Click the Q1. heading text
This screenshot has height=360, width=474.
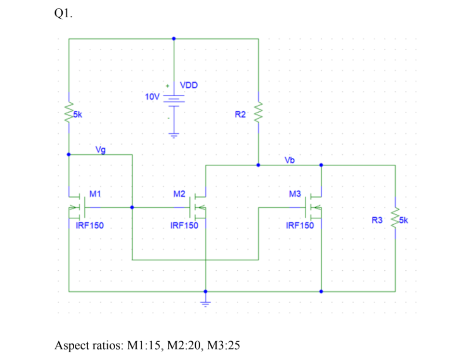pyautogui.click(x=64, y=14)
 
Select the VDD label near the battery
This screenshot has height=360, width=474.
pyautogui.click(x=189, y=85)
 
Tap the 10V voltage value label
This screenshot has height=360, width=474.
pyautogui.click(x=152, y=97)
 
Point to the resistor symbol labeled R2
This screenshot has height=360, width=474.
pyautogui.click(x=258, y=114)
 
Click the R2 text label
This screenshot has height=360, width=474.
pyautogui.click(x=240, y=114)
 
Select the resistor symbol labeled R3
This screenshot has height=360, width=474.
pyautogui.click(x=395, y=220)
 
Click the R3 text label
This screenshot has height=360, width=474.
pyautogui.click(x=377, y=221)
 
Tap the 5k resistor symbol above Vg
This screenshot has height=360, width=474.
pyautogui.click(x=69, y=114)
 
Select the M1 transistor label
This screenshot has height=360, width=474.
pyautogui.click(x=95, y=194)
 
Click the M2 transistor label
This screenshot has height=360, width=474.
pyautogui.click(x=179, y=194)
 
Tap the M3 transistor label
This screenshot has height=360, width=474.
pyautogui.click(x=295, y=194)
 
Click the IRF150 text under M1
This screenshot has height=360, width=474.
pyautogui.click(x=90, y=225)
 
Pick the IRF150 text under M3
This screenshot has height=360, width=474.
pyautogui.click(x=299, y=225)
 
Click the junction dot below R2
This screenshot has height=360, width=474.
pyautogui.click(x=258, y=165)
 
